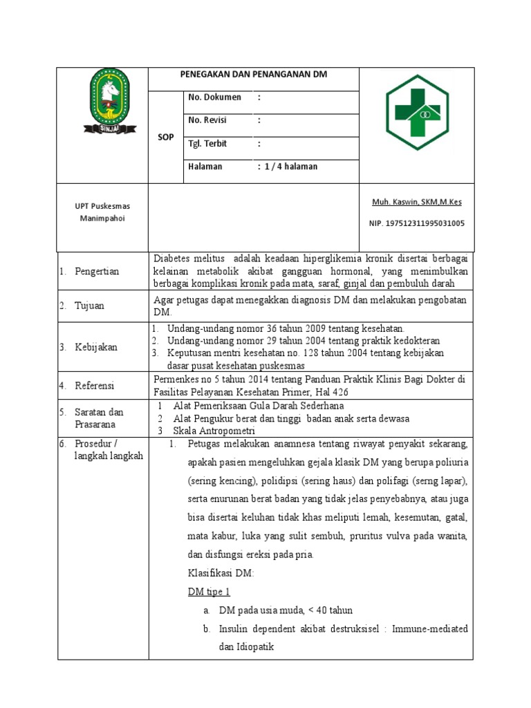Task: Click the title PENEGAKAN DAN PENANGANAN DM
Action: click(254, 74)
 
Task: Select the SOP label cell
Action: click(166, 138)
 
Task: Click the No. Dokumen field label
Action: click(215, 97)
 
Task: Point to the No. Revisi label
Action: click(207, 120)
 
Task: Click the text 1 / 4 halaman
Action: click(290, 167)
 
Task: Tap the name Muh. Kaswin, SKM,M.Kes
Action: click(417, 202)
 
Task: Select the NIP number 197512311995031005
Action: click(417, 223)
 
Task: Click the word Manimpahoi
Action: click(102, 218)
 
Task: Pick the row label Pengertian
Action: click(97, 271)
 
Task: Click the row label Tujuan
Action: click(90, 306)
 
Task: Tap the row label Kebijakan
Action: click(96, 347)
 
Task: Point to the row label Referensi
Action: click(95, 386)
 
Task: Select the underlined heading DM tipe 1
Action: click(209, 592)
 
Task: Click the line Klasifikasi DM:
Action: click(221, 573)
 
